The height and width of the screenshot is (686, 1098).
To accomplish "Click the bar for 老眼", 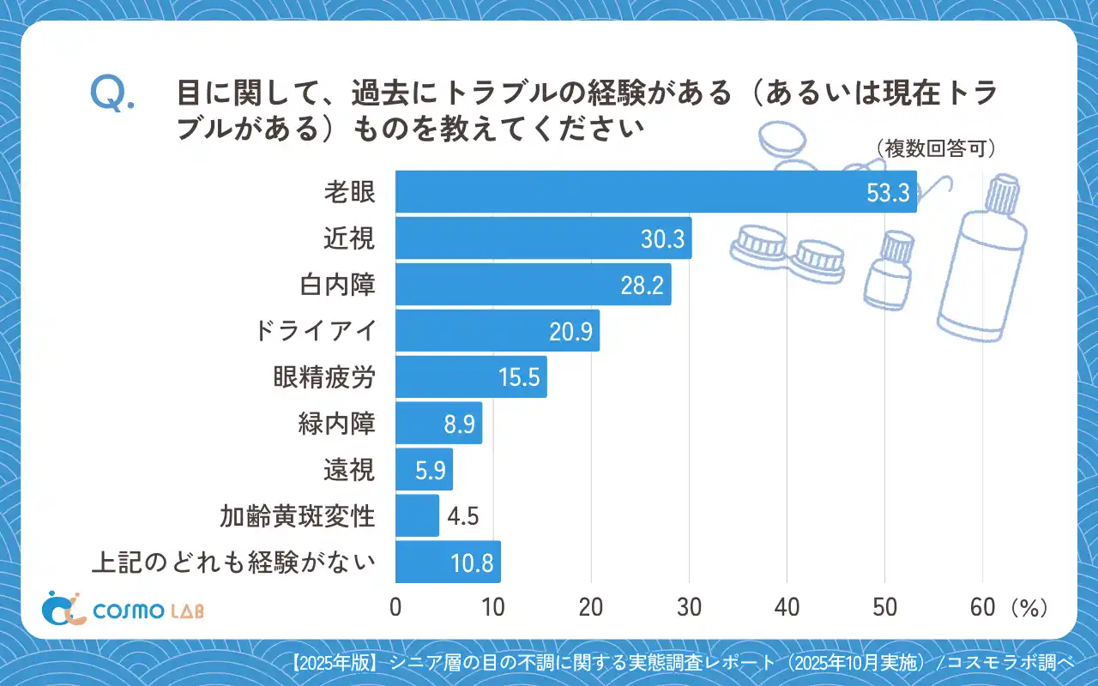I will click(656, 192).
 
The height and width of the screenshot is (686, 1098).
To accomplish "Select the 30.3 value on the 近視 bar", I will click(662, 239).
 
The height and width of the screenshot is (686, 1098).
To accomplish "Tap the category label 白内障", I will click(350, 285).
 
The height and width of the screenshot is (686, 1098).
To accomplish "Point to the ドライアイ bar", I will click(498, 331).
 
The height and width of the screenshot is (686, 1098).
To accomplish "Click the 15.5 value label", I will click(519, 377).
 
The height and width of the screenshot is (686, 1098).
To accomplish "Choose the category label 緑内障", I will click(337, 424).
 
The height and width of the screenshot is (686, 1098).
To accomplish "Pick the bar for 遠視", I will click(424, 470).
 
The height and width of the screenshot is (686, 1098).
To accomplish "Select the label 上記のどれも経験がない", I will click(234, 563).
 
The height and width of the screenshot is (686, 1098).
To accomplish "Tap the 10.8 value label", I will click(472, 563).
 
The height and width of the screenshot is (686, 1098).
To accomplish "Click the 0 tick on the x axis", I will click(395, 607).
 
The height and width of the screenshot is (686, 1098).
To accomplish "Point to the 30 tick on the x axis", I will click(689, 607).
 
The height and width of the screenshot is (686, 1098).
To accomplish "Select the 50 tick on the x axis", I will click(884, 607).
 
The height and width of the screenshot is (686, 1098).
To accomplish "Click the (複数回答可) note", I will click(936, 148).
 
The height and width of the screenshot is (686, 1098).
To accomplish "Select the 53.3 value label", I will click(887, 193).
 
